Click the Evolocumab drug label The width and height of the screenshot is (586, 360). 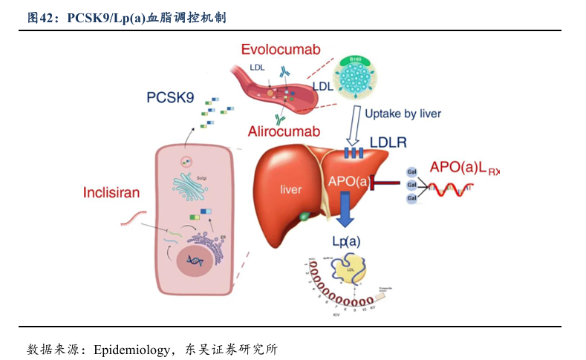280,49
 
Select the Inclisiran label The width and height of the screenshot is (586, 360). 111,193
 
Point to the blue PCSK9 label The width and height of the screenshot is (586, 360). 170,96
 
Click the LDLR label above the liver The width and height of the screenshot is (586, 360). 388,142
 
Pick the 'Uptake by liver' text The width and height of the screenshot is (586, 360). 403,114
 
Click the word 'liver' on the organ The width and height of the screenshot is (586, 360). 290,189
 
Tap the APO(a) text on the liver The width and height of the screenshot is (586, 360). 348,180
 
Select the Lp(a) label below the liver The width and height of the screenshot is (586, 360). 345,240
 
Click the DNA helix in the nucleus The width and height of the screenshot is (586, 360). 196,261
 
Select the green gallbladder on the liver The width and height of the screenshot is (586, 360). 305,217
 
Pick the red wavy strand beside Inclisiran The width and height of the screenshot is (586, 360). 133,218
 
